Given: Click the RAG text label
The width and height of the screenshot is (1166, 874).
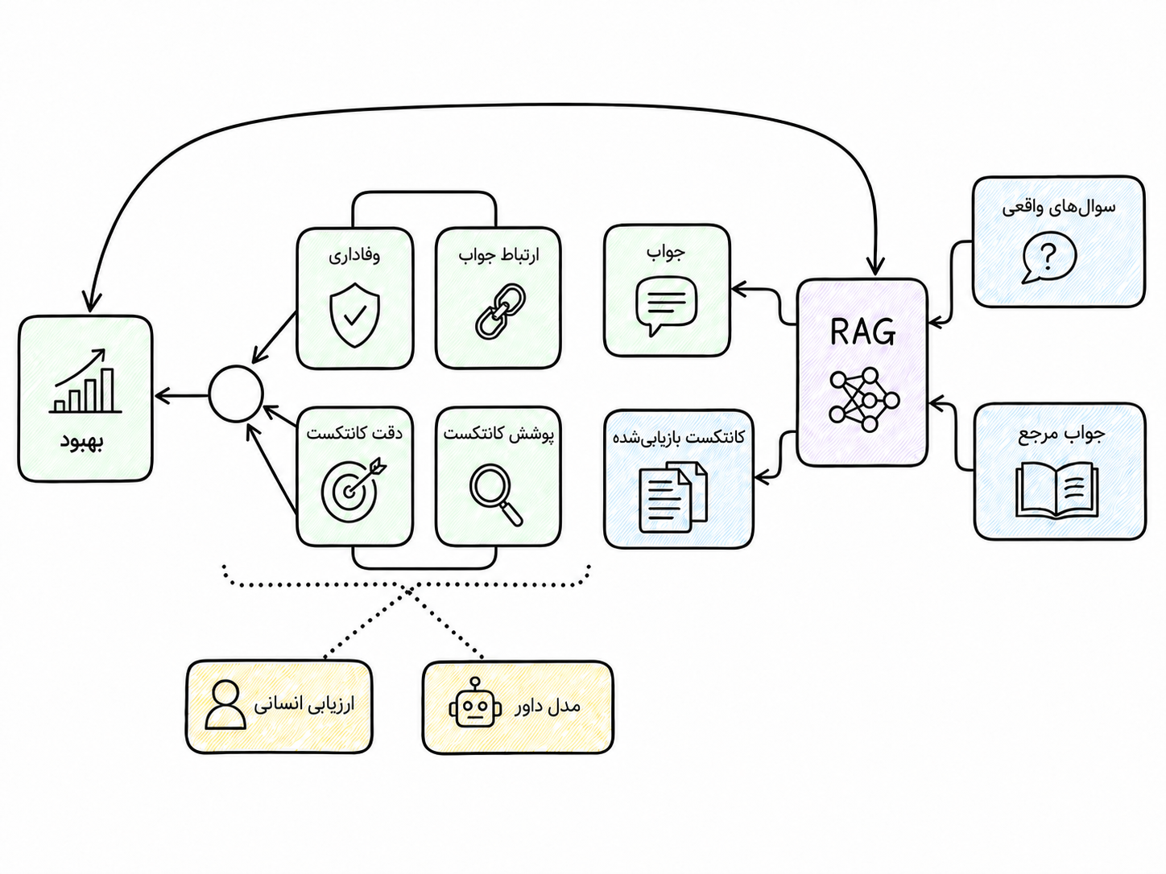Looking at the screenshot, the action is [x=862, y=332].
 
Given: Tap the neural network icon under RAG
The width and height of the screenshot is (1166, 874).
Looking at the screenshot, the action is [x=864, y=399].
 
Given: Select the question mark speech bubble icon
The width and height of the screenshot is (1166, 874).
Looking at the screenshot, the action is [x=1049, y=258].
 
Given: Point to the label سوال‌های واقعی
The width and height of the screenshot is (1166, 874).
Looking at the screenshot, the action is [x=1059, y=207].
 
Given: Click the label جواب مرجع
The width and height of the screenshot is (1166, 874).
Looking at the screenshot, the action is [x=1061, y=434].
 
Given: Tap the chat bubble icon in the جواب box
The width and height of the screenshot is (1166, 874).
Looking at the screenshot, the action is [x=666, y=307].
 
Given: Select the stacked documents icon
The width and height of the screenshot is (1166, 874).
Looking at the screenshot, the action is [x=673, y=497].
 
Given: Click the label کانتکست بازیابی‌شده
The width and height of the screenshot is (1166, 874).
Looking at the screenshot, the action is [x=679, y=437].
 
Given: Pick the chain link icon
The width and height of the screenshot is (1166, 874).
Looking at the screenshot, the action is [x=500, y=311].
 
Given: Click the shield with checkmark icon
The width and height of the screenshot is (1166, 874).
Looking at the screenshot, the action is [x=355, y=315].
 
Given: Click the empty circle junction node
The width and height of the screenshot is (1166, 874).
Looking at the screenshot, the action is [x=236, y=394].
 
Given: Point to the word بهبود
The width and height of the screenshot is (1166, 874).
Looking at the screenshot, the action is [x=82, y=442].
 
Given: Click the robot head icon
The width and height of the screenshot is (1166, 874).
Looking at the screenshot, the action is [x=475, y=703].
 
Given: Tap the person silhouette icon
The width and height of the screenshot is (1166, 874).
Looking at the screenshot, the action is [x=225, y=703].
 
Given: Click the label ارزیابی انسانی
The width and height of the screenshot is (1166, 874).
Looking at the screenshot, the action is [x=304, y=705].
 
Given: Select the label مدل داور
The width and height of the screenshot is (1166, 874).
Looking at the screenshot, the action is [x=547, y=706].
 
